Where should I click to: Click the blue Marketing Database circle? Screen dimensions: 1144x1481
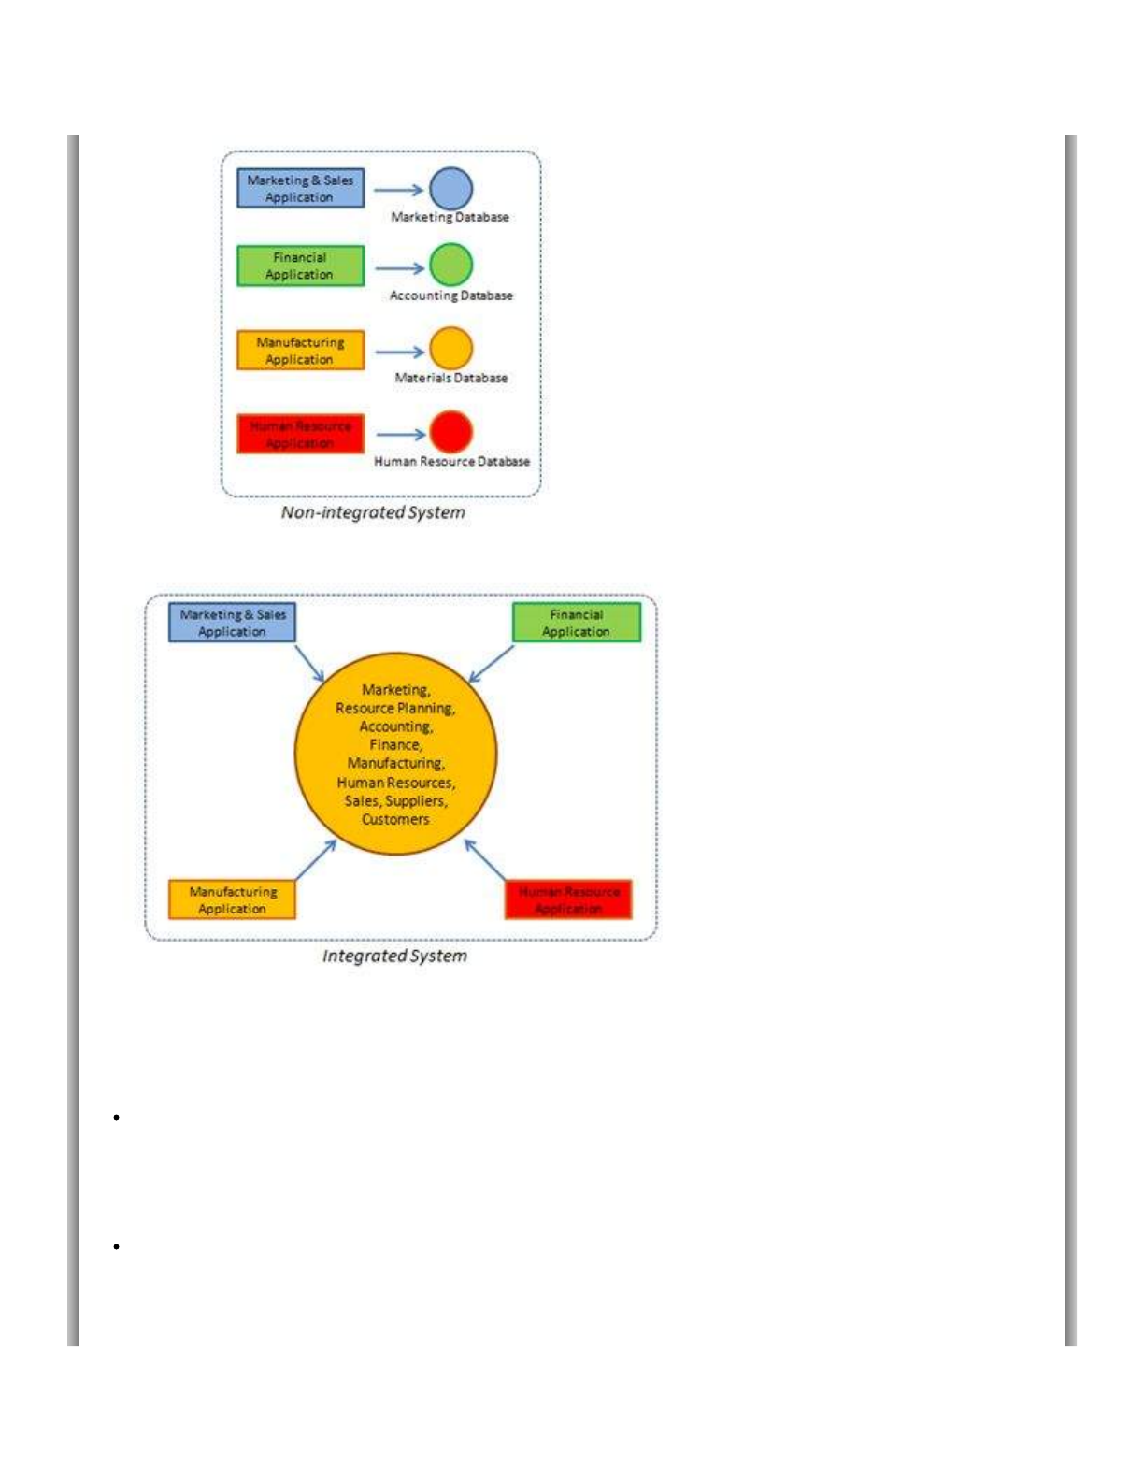pos(450,188)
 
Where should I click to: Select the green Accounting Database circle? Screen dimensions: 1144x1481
pos(450,265)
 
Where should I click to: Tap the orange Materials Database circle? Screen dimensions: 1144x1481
pos(450,348)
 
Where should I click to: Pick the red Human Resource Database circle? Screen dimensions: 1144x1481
pos(450,431)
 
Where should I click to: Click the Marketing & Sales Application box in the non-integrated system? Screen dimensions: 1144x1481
pos(300,188)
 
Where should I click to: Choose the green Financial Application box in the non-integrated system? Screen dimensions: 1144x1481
pos(300,266)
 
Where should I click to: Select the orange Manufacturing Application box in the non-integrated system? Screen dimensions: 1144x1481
pos(300,351)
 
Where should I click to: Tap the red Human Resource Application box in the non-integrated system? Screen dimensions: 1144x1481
pos(300,434)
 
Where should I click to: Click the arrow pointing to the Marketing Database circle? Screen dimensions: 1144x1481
pos(398,190)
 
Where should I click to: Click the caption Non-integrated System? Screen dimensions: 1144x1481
pos(373,512)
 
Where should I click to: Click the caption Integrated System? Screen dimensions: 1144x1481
pos(394,956)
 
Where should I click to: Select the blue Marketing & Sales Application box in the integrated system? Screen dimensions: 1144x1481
pos(232,623)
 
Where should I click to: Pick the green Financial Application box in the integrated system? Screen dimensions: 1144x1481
pos(577,623)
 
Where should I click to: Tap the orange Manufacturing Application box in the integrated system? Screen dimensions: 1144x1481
pos(232,899)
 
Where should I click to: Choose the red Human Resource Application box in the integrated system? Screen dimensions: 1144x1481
pos(568,899)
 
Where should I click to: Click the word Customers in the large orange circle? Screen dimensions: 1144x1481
pos(395,819)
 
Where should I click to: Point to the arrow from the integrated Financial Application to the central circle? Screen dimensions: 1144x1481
pos(491,664)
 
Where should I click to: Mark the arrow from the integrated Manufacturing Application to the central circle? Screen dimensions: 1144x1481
pos(316,860)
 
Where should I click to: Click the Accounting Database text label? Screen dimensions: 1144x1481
pos(450,295)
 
